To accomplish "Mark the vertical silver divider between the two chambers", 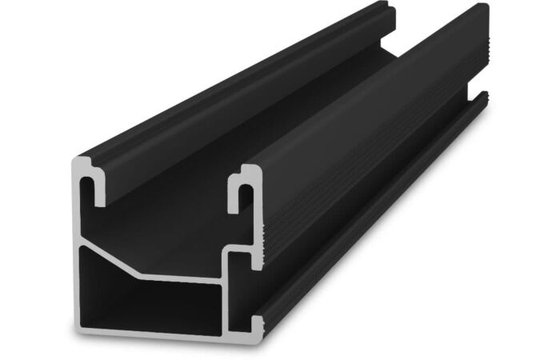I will (225, 296).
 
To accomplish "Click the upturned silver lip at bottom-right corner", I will (257, 323).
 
